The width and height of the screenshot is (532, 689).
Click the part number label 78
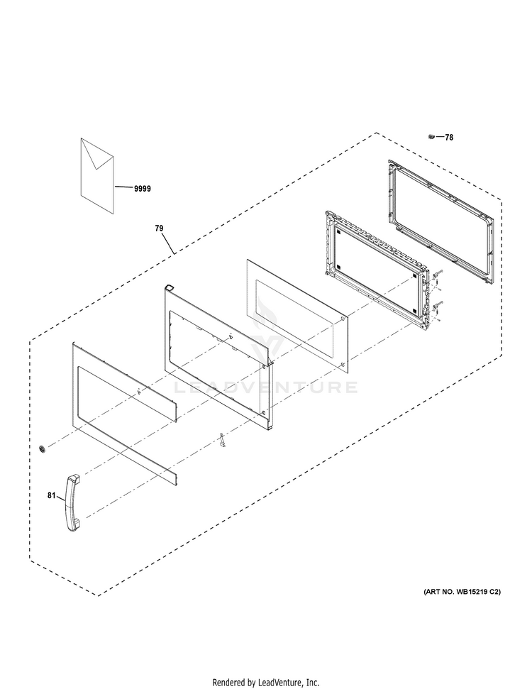[x=448, y=138]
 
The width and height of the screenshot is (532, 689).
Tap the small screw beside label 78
[x=431, y=136]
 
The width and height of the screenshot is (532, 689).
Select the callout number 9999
[x=142, y=189]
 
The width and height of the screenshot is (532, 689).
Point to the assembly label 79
[x=159, y=228]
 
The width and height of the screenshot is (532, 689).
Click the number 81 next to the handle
[x=52, y=496]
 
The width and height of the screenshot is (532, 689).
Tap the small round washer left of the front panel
[x=44, y=448]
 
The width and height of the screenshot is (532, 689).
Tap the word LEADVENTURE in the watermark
[x=266, y=387]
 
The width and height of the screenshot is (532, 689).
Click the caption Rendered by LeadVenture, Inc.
[x=266, y=683]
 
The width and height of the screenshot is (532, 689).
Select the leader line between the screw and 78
[x=438, y=137]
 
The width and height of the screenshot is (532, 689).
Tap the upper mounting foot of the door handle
[x=72, y=480]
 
